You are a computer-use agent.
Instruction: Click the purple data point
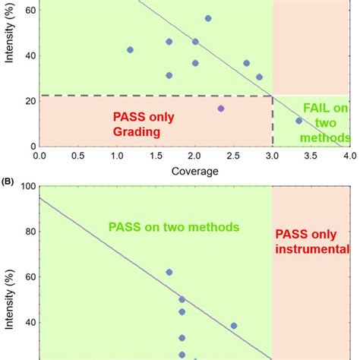click(221, 109)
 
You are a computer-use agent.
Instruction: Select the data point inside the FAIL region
click(298, 120)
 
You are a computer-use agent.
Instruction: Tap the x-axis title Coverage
click(194, 171)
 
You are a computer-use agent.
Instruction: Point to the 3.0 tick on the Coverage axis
click(272, 156)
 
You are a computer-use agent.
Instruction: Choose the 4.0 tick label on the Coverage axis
click(349, 156)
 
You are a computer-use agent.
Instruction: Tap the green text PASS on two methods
click(174, 226)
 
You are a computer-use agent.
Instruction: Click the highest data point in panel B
click(169, 272)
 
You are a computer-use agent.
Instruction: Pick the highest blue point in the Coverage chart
click(208, 18)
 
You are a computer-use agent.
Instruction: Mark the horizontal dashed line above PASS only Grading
click(152, 96)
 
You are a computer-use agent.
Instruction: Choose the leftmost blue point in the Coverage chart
click(130, 50)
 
